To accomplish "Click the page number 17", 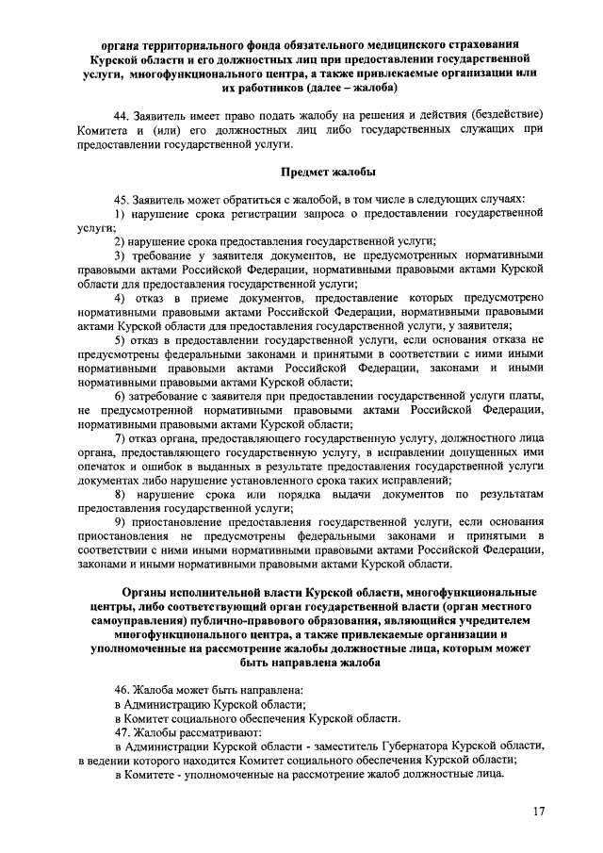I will pos(538,812).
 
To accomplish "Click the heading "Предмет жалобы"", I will pos(329,172).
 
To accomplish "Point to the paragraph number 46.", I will pos(120,690).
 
